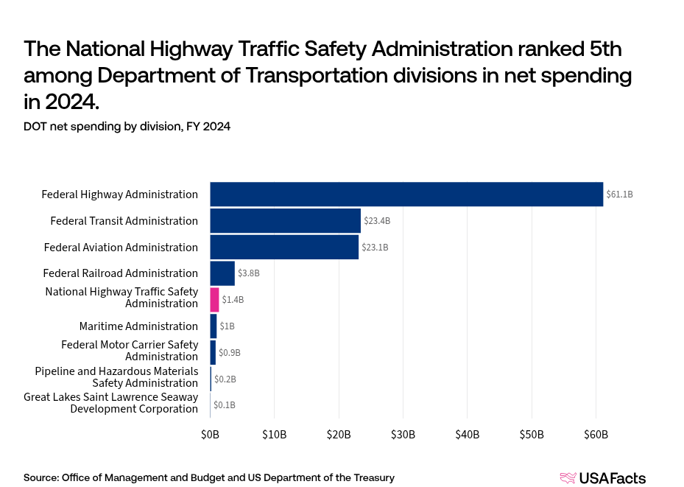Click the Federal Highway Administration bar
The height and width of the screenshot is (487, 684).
click(406, 195)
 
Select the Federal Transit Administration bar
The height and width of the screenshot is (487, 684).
click(286, 221)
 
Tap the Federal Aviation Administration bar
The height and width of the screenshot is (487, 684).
click(284, 247)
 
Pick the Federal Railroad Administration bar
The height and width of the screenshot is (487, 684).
click(222, 273)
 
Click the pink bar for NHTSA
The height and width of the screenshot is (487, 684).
click(214, 300)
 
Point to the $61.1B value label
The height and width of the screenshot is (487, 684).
click(619, 195)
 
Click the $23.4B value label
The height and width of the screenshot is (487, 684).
click(376, 221)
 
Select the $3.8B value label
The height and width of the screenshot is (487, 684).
click(248, 273)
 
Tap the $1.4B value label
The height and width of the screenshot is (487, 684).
click(233, 300)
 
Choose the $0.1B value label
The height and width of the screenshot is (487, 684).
click(225, 404)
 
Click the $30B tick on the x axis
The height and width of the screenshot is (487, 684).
click(403, 435)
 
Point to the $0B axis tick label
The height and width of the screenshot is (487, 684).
click(211, 435)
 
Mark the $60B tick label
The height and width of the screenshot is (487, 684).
click(596, 435)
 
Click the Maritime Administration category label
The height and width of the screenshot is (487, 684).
click(138, 326)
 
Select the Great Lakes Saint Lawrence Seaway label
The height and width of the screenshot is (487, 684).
click(110, 403)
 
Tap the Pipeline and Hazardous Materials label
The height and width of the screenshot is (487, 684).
click(116, 377)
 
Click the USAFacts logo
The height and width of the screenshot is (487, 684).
click(602, 478)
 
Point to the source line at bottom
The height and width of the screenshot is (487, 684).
click(208, 477)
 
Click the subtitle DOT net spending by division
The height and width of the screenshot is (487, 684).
click(127, 127)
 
